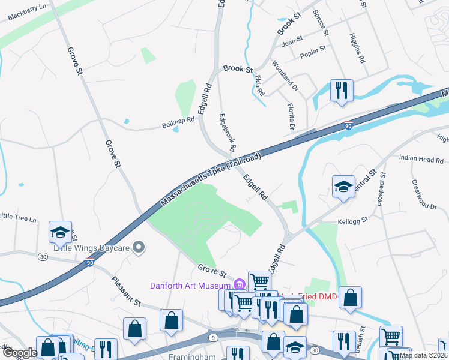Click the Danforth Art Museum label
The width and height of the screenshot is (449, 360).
[190, 284]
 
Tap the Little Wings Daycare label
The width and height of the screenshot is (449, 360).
[91, 247]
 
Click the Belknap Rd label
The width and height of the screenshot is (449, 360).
[178, 122]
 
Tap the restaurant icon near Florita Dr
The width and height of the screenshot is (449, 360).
[342, 91]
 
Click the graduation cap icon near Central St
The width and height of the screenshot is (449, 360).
[343, 187]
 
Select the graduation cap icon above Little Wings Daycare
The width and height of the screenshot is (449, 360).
[60, 232]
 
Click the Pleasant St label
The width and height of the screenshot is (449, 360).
[125, 292]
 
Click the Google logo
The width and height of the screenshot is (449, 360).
[20, 353]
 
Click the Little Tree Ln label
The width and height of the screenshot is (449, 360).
[17, 217]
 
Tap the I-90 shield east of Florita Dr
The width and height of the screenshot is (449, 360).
[348, 125]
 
